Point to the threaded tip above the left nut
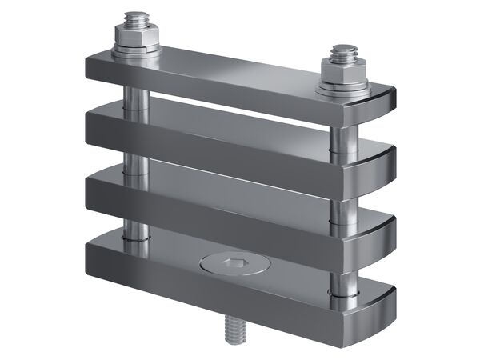(x=137, y=18)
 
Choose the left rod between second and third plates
(x=135, y=160)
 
